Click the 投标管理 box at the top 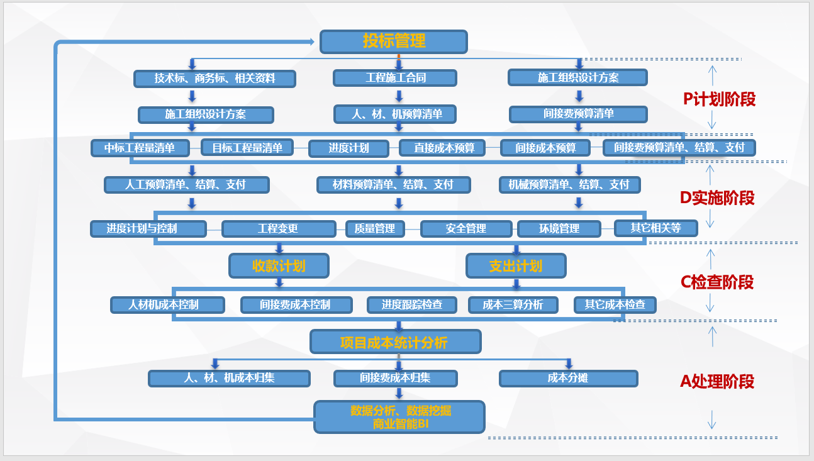pyautogui.click(x=394, y=42)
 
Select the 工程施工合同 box pyautogui.click(x=395, y=78)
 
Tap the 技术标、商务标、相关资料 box pyautogui.click(x=215, y=79)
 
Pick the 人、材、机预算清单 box pyautogui.click(x=395, y=114)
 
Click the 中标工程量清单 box pyautogui.click(x=140, y=148)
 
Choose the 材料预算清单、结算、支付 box pyautogui.click(x=394, y=184)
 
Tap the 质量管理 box pyautogui.click(x=375, y=228)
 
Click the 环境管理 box pyautogui.click(x=559, y=228)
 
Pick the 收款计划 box pyautogui.click(x=279, y=265)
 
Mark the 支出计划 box pyautogui.click(x=516, y=265)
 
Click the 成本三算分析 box pyautogui.click(x=513, y=305)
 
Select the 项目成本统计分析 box pyautogui.click(x=395, y=342)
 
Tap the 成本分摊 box pyautogui.click(x=568, y=378)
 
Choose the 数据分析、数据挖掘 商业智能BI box pyautogui.click(x=399, y=417)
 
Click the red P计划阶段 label pyautogui.click(x=719, y=99)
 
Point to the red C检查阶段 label pyautogui.click(x=717, y=282)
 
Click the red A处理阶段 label pyautogui.click(x=717, y=381)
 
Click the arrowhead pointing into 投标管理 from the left pyautogui.click(x=309, y=42)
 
